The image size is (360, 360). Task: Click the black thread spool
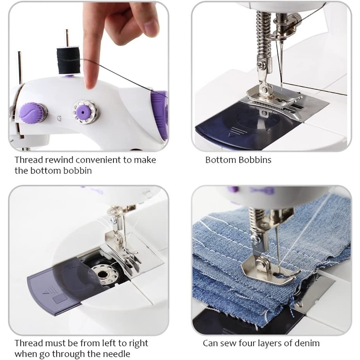[68, 61]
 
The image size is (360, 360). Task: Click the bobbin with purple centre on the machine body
[85, 111]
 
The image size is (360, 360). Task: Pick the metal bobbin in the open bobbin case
[102, 274]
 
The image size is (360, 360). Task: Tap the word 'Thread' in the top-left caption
[29, 160]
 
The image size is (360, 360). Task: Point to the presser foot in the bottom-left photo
[123, 253]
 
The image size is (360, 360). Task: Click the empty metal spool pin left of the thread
[20, 67]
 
